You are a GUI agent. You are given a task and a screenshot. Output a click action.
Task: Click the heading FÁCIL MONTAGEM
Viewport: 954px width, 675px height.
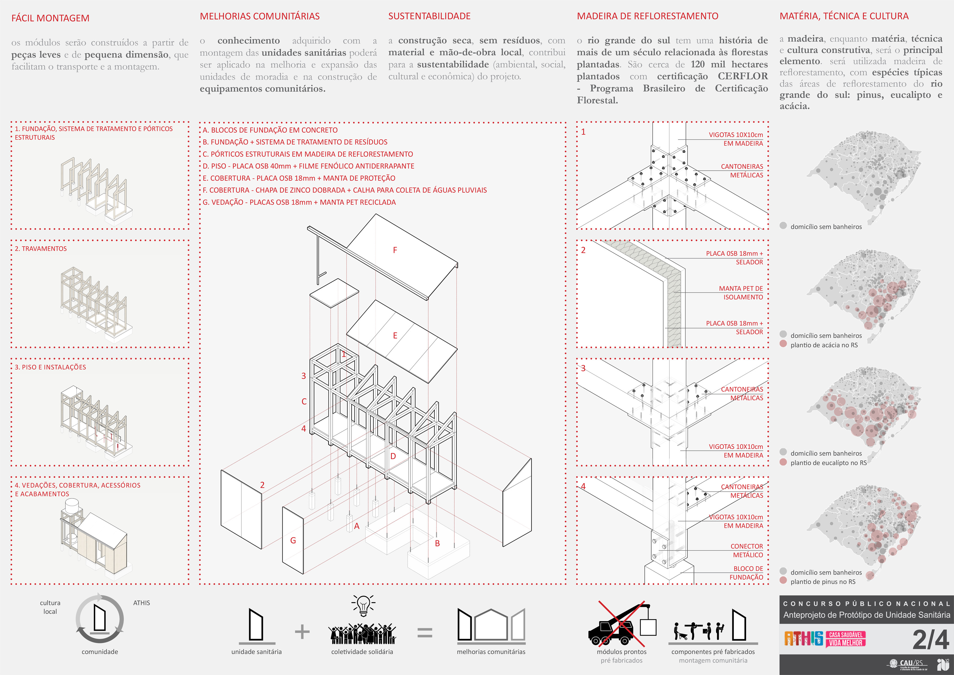50,18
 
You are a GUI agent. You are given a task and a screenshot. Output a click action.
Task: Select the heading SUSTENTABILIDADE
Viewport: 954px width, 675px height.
429,16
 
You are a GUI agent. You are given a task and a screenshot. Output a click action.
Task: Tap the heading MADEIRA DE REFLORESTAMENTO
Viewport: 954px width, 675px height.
647,16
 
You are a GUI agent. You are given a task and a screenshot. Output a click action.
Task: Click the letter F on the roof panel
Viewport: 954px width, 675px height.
395,250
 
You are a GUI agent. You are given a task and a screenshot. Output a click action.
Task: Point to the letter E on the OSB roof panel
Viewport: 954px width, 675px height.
395,335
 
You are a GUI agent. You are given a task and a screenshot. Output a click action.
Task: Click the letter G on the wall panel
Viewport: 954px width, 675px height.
293,540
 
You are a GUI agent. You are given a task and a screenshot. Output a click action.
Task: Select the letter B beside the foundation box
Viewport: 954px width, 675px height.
437,543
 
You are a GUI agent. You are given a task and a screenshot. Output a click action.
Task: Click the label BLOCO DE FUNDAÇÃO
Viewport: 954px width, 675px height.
747,573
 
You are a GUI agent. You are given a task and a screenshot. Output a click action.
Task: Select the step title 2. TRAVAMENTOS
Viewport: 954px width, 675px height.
41,248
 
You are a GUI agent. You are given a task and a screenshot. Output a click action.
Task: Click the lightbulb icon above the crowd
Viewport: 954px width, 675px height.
363,605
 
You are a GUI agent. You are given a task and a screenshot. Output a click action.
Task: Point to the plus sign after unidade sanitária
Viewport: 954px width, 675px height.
302,632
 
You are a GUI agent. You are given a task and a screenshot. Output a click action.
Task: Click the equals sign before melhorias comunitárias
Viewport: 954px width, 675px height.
425,633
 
